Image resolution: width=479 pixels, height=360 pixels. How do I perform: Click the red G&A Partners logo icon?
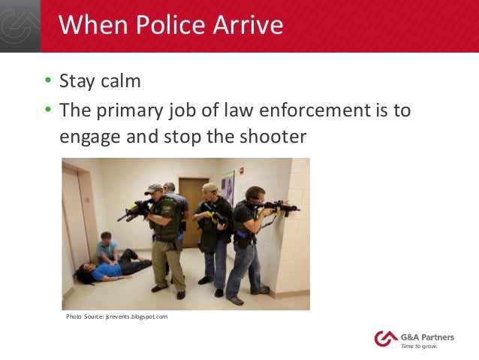pyautogui.click(x=384, y=339)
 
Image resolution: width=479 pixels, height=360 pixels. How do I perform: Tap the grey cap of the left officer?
pyautogui.click(x=154, y=189)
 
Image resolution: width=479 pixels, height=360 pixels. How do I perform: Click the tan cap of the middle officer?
pyautogui.click(x=210, y=187)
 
